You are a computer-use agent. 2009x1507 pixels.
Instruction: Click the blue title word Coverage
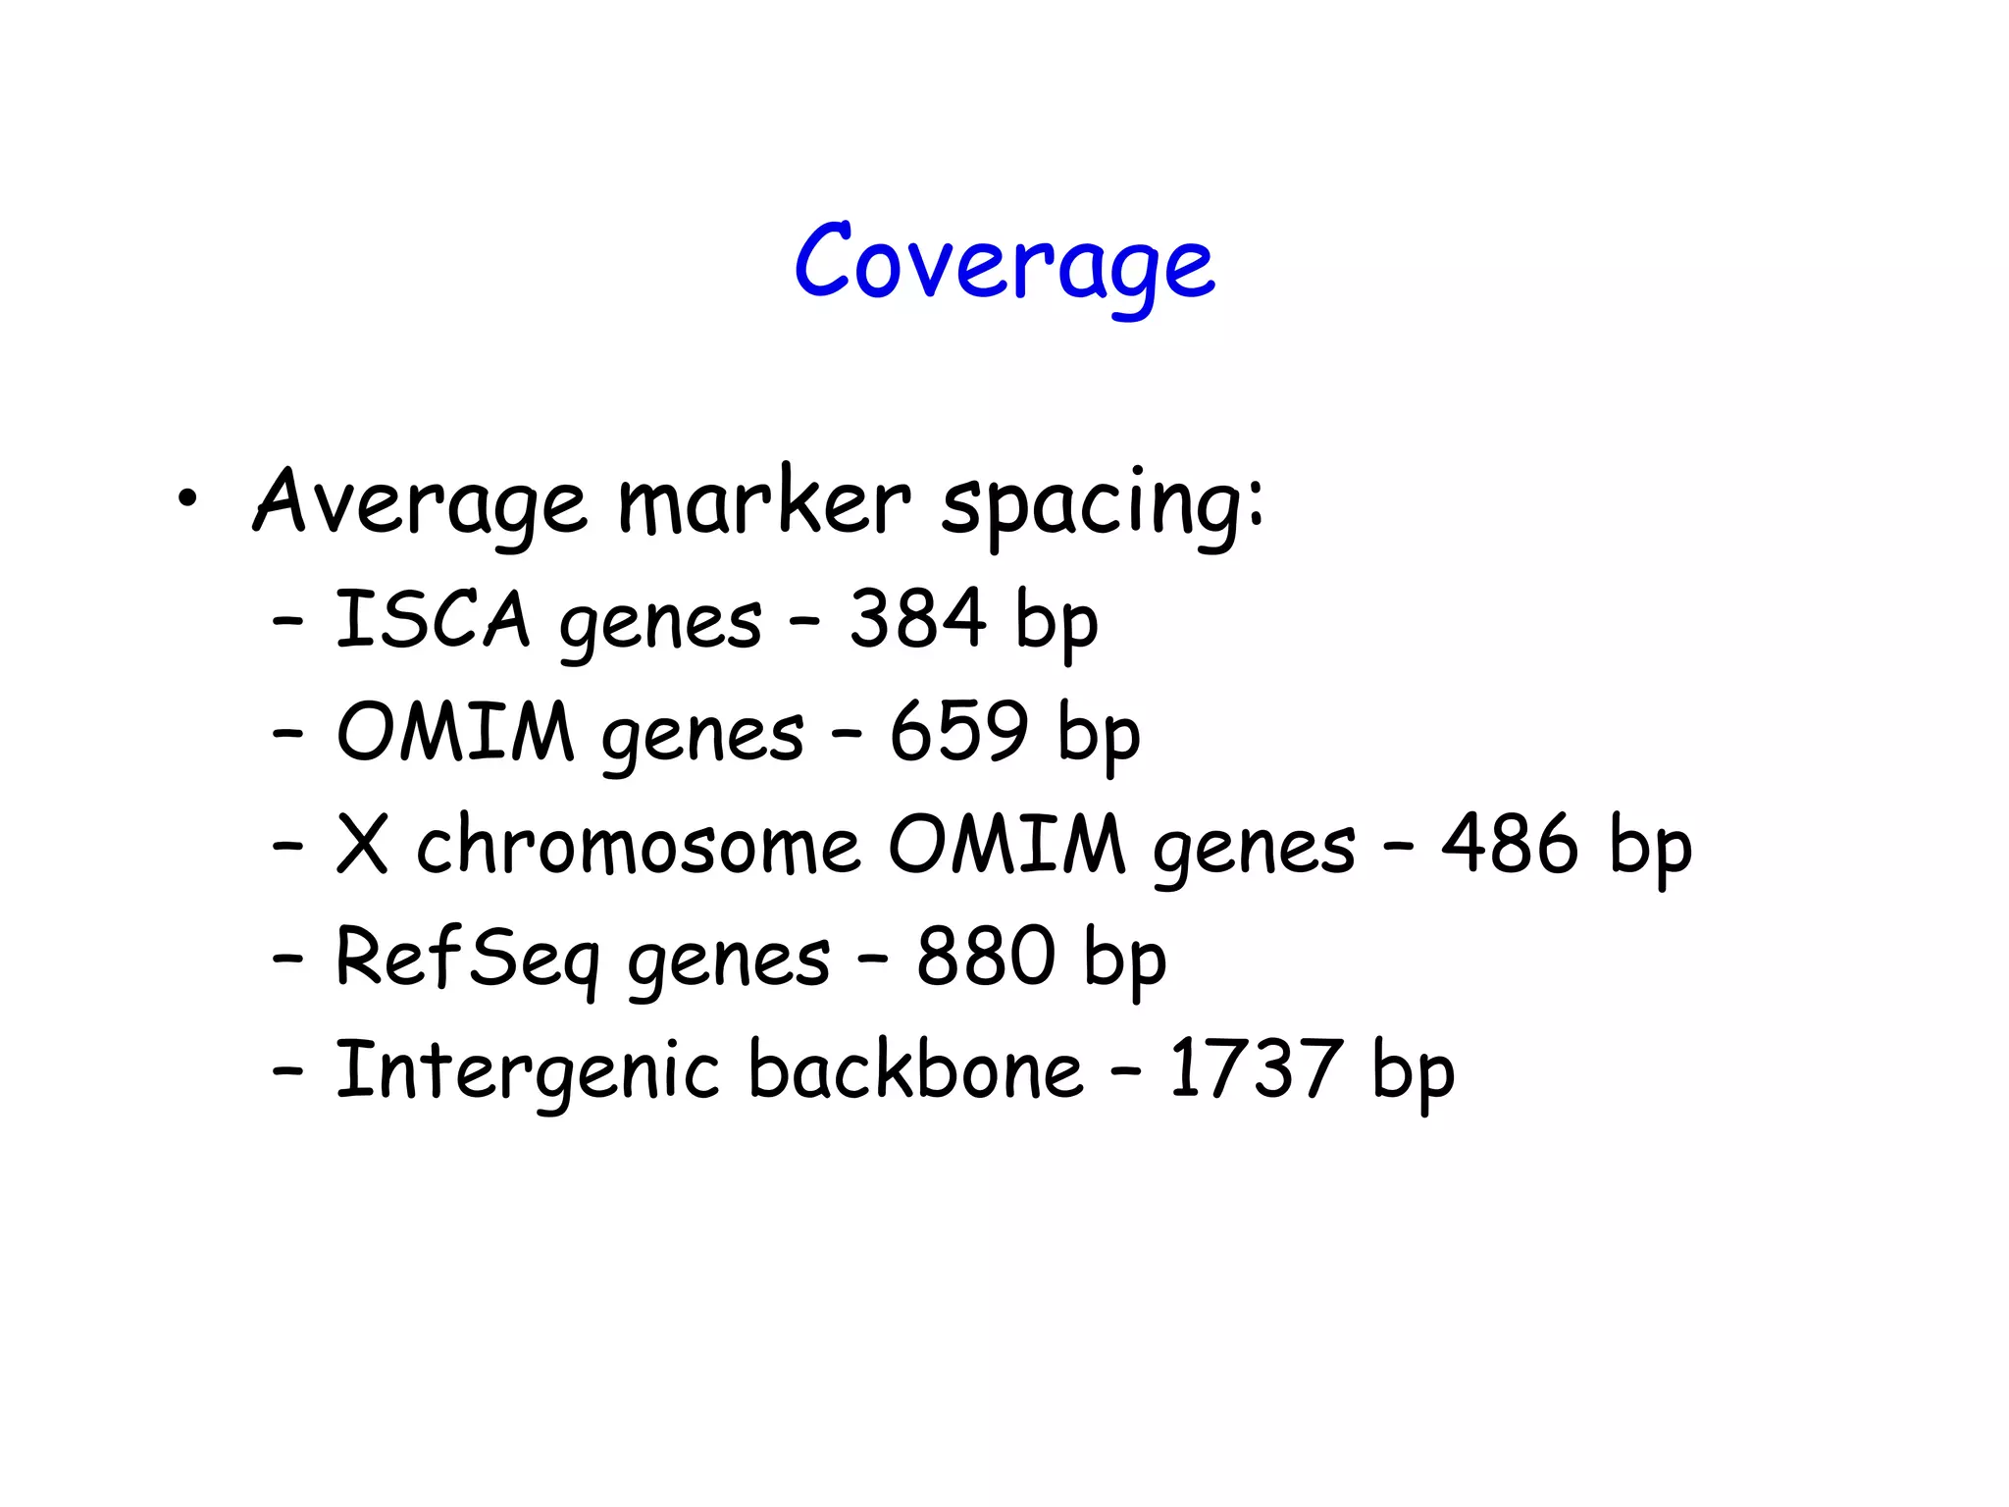[1004, 262]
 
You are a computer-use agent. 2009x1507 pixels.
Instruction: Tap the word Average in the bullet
[420, 501]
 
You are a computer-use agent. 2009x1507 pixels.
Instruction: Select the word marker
[764, 501]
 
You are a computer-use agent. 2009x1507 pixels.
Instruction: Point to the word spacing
[1101, 503]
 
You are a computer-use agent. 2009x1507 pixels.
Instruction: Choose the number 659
[958, 731]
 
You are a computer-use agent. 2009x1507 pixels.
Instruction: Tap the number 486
[1510, 844]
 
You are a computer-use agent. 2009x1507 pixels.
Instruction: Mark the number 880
[985, 957]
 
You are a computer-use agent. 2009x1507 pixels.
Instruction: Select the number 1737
[1255, 1068]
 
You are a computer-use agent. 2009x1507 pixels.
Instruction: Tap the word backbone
[915, 1068]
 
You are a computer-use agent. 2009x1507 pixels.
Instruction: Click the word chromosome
[639, 845]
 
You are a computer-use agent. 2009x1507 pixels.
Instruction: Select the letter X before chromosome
[362, 845]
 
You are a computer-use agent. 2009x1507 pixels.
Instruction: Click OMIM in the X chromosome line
[1005, 845]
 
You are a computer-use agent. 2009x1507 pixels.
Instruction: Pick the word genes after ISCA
[660, 623]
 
